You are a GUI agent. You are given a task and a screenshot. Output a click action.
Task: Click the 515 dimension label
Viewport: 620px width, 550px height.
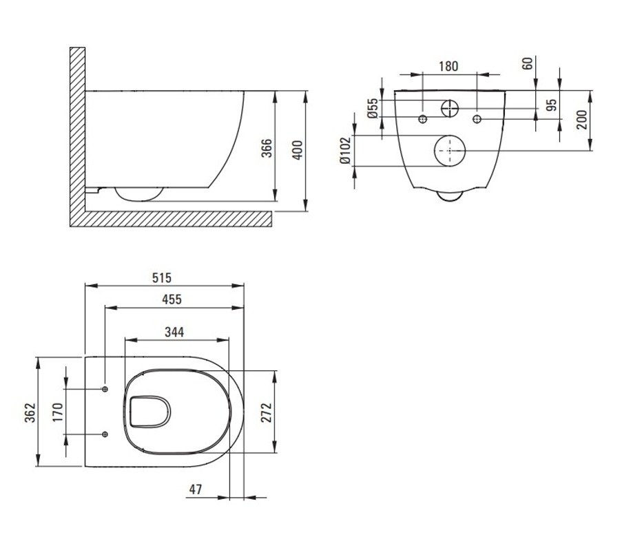click(162, 278)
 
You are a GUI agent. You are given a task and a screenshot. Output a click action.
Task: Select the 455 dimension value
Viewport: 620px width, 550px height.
click(172, 299)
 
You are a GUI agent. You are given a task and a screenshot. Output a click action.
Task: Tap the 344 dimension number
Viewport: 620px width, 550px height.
click(174, 332)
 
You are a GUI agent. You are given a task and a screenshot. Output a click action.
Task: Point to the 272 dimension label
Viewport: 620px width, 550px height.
click(267, 412)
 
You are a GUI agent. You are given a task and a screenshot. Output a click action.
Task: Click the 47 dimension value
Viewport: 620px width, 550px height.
click(196, 489)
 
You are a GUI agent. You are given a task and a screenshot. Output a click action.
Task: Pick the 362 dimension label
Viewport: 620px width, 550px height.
click(30, 412)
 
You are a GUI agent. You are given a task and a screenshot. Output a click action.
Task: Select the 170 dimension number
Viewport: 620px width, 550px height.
click(58, 412)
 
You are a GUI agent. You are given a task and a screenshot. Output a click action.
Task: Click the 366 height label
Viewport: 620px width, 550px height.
click(267, 148)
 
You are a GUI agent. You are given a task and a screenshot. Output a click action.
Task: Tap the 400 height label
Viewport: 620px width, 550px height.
click(298, 150)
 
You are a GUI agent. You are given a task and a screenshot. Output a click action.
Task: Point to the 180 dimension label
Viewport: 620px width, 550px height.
click(448, 66)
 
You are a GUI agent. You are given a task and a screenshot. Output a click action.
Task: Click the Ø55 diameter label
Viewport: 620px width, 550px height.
click(373, 108)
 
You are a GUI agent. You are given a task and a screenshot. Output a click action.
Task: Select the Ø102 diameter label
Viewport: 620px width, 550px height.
click(345, 150)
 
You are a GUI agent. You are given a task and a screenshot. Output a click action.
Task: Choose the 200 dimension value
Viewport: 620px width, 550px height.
click(582, 120)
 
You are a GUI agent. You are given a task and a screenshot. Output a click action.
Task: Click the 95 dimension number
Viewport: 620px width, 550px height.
click(551, 104)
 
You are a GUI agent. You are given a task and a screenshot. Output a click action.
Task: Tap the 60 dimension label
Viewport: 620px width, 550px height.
click(528, 63)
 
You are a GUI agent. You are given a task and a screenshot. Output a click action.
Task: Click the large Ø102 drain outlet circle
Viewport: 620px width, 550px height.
click(450, 151)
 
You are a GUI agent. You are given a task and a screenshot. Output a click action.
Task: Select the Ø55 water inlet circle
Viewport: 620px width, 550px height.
click(450, 108)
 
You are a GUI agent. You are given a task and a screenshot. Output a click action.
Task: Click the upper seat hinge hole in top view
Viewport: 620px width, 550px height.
click(105, 389)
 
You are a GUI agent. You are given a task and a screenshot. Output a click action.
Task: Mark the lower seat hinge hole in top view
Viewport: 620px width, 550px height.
click(105, 434)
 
